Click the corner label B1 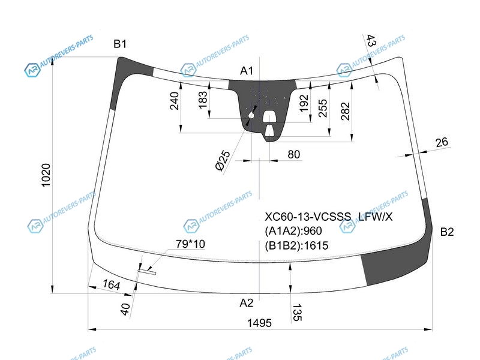tap(120, 44)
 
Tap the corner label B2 tap(446, 232)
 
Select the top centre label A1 tap(247, 71)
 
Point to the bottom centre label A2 tap(247, 303)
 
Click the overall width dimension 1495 tap(259, 323)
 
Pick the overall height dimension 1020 tap(46, 175)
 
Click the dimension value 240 tap(174, 101)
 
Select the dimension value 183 tap(203, 100)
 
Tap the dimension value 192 tap(304, 103)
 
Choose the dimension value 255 tap(323, 108)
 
